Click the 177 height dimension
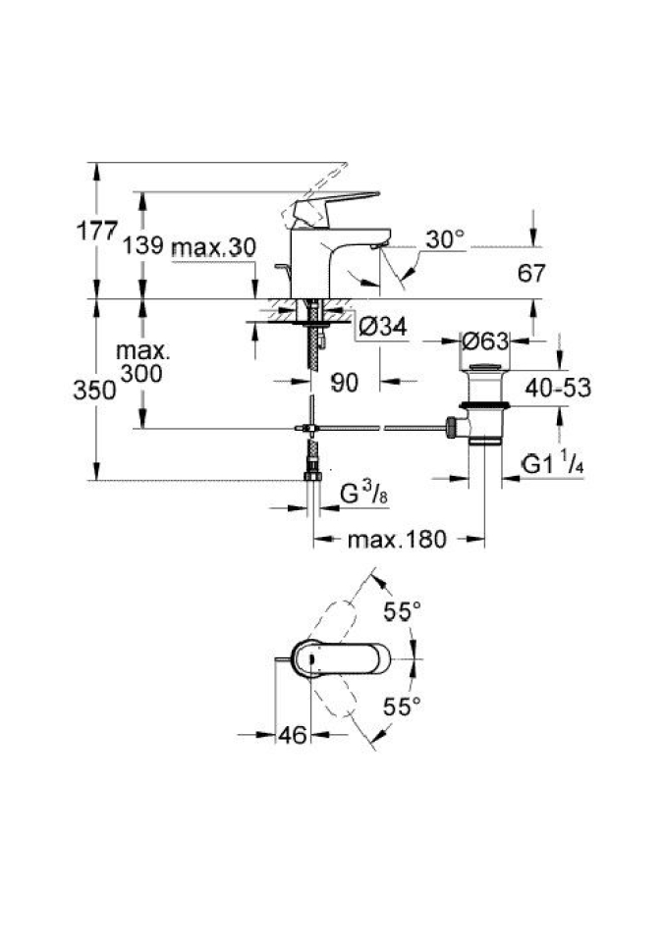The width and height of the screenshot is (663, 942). point(96,231)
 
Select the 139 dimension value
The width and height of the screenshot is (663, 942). point(142,244)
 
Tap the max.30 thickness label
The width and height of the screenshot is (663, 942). point(213,246)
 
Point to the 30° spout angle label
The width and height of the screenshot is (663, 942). point(445,239)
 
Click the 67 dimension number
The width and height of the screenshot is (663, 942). point(531,274)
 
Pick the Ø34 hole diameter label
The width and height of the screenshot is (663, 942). point(382,327)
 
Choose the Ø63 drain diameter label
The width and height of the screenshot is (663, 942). point(485,341)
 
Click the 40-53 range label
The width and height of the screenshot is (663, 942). point(558,388)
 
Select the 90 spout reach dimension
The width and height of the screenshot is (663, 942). point(344,383)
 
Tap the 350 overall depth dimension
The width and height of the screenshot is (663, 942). point(94,390)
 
